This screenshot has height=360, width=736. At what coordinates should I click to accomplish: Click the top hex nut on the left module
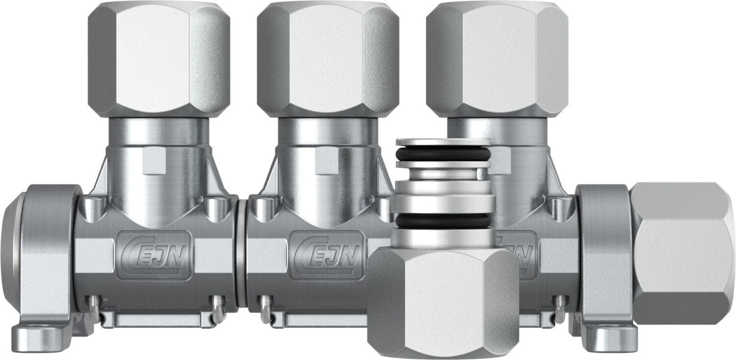point(159,59)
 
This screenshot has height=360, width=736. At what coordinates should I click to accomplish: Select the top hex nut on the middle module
point(328,59)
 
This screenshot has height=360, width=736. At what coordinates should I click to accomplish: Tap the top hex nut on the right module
point(497,59)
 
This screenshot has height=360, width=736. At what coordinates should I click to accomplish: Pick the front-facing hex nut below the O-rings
point(443,302)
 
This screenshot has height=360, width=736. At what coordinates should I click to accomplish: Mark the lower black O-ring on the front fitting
point(443,221)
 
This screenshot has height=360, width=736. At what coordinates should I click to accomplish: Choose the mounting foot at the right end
point(608,338)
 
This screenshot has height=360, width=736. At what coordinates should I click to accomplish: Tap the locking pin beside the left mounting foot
point(94,309)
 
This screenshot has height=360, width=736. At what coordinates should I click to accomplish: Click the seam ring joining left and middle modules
point(241,255)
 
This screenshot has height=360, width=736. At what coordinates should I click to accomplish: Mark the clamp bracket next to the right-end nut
point(604,255)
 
